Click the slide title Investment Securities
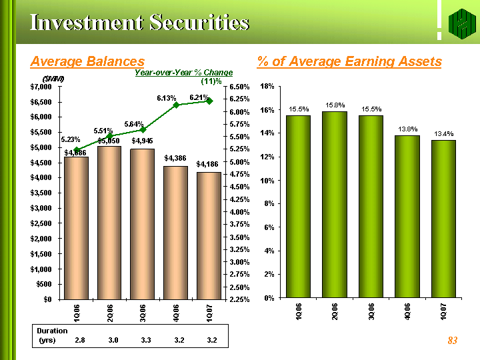click(x=139, y=23)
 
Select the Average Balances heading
click(x=87, y=62)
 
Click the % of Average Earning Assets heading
click(x=349, y=62)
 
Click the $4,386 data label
click(x=176, y=159)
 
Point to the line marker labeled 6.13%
click(x=176, y=105)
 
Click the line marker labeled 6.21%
click(x=209, y=101)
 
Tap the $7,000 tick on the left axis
click(x=44, y=87)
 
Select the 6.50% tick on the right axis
click(x=239, y=87)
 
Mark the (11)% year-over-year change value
click(x=211, y=81)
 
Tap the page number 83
click(x=453, y=341)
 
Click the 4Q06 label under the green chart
click(x=407, y=313)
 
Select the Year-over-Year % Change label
click(x=184, y=72)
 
